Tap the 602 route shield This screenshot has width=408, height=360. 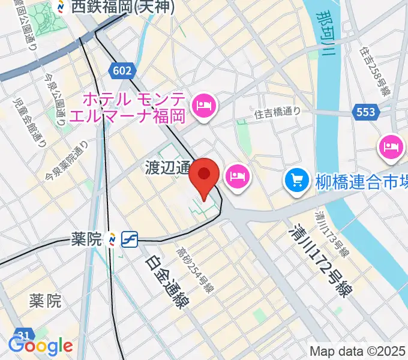click(121, 71)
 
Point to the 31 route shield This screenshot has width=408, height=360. click(23, 335)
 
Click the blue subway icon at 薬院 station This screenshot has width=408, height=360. click(130, 240)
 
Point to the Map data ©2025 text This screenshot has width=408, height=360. click(358, 351)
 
